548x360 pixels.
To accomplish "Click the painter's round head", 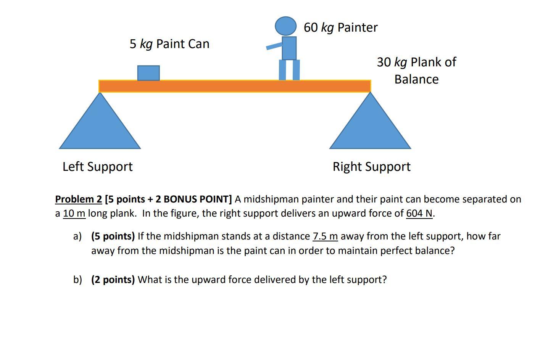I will coord(286,26).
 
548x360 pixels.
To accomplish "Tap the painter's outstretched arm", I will coord(274,46).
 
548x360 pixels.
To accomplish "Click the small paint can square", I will coord(148,73).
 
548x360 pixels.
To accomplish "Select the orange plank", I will coord(234,86).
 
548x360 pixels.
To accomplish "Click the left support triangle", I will coord(100,126).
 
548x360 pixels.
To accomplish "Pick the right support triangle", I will coord(370,126).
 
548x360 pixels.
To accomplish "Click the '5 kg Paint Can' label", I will coord(169,44).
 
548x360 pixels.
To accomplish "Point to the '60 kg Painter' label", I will coord(340,27).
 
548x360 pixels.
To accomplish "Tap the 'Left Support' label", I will coord(98,167).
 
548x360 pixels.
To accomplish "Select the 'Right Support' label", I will coord(371,167).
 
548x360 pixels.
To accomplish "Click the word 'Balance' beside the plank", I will coord(416,79).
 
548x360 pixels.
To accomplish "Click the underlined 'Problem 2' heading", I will coord(79,199).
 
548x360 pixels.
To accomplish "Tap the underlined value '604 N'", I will coord(419,213).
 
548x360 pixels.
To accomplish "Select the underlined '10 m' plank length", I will coord(74,213).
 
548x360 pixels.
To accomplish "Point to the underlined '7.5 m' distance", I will coord(325,236).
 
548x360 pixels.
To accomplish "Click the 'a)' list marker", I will coord(77,236).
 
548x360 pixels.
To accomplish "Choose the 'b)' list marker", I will coord(77,280).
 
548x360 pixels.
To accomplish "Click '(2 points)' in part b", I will coord(113,280).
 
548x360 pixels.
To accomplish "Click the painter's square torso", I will coord(289,48).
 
